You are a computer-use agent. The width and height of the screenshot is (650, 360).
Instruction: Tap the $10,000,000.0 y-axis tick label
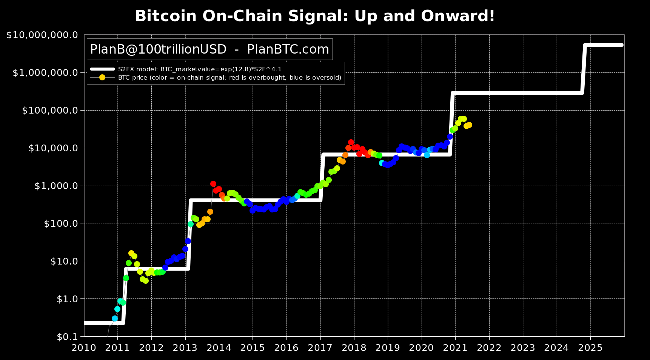coord(42,35)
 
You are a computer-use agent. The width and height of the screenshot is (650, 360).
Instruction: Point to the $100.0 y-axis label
coord(60,224)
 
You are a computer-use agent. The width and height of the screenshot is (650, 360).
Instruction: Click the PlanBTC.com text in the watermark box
coord(288,49)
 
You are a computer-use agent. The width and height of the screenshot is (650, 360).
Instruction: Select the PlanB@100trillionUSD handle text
coord(158,49)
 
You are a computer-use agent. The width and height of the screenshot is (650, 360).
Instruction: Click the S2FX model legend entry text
coord(200,69)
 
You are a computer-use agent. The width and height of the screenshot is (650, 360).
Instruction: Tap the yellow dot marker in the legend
coord(102,77)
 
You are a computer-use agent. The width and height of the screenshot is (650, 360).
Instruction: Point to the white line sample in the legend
coord(102,69)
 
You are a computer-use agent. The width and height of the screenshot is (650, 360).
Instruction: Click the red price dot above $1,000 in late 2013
coord(213,184)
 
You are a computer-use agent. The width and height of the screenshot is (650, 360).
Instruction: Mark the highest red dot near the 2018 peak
coord(351,142)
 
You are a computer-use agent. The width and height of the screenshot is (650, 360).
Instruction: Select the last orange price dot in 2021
coord(469,125)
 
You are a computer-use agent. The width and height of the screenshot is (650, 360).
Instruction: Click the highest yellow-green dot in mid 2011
coord(131,253)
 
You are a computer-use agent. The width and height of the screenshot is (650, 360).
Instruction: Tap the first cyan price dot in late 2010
coord(115,318)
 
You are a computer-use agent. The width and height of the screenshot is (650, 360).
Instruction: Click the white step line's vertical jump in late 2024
coord(584,69)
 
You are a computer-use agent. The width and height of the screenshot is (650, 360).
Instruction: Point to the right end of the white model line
coord(622,45)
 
